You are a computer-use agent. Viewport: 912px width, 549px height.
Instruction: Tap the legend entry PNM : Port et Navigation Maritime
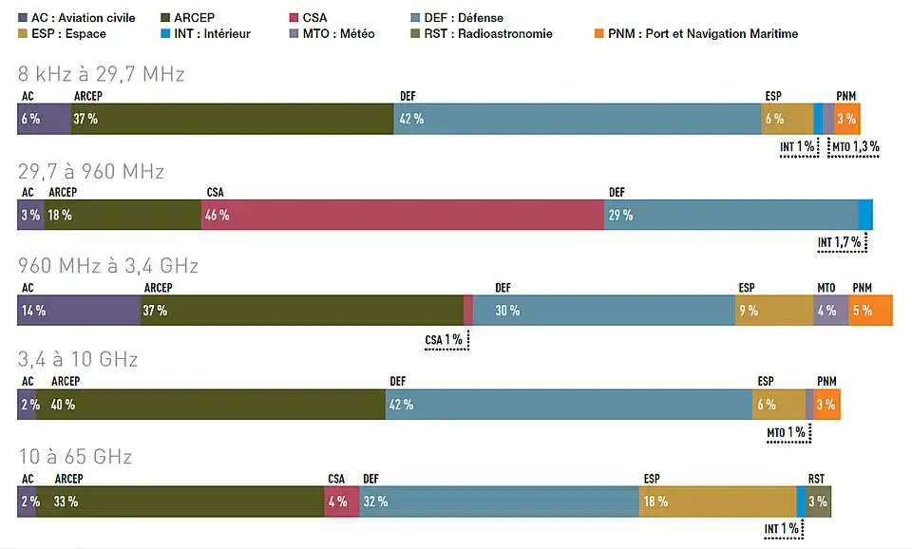click(702, 34)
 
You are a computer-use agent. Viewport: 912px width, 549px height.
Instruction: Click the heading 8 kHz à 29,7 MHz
click(102, 73)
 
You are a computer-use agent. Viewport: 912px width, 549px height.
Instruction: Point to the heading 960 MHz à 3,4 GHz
click(107, 265)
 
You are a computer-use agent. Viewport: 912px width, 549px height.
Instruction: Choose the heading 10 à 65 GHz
click(75, 456)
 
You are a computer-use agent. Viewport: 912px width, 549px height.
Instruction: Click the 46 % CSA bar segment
click(403, 215)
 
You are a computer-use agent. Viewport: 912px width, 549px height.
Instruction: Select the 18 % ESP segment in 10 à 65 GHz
click(717, 502)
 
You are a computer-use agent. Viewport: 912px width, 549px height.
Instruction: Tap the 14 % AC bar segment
click(79, 311)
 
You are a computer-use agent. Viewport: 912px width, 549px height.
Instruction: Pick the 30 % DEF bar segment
click(603, 311)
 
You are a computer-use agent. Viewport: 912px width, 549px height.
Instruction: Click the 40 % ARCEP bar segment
click(211, 405)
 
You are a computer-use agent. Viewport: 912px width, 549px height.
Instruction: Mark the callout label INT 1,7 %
click(840, 243)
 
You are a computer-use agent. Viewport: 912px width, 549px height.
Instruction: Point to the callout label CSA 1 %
click(444, 339)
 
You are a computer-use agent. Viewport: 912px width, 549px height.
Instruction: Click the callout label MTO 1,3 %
click(855, 147)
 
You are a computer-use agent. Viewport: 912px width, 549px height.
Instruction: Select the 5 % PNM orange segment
click(870, 311)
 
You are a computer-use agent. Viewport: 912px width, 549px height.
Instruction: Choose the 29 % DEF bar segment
click(731, 215)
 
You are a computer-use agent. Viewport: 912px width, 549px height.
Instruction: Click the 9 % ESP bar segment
click(773, 311)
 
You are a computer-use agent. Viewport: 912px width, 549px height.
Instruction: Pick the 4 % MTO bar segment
click(830, 311)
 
